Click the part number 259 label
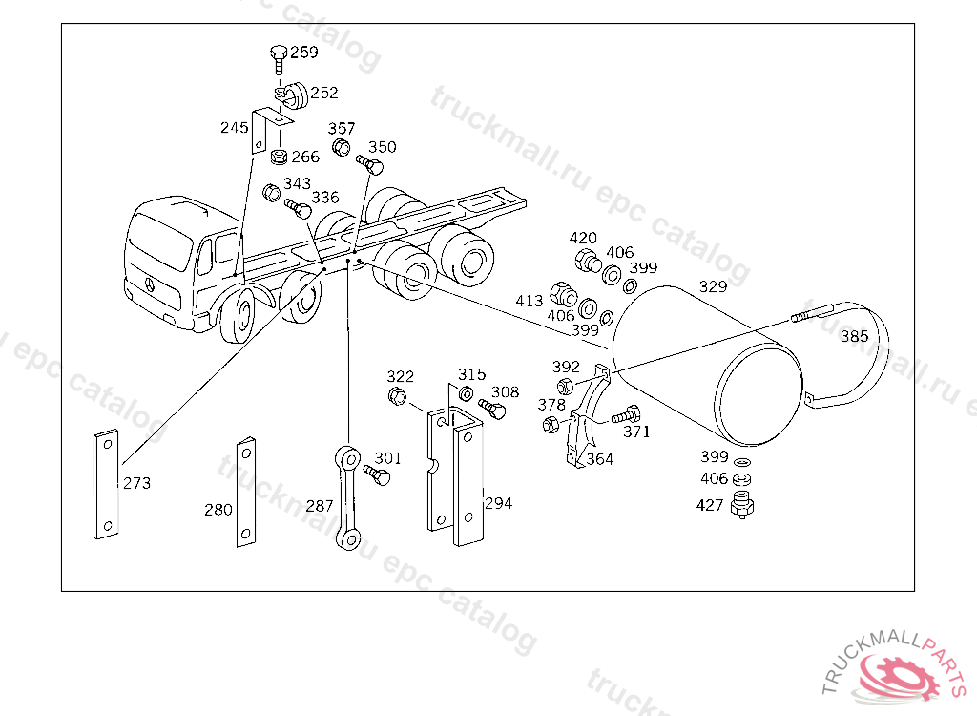pos(304,53)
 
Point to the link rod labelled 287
pos(347,495)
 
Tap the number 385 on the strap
pos(854,336)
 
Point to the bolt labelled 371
pos(622,416)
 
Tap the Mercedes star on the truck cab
pos(150,284)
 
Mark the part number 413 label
pos(530,300)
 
